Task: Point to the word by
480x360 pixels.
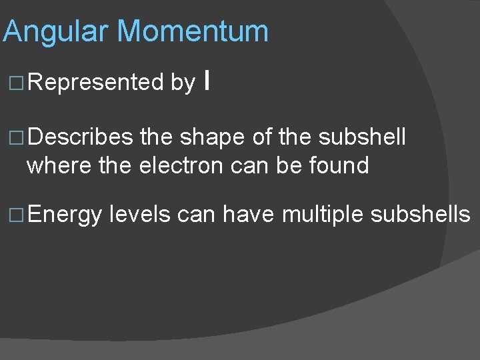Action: (183, 83)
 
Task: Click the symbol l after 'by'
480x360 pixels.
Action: (209, 81)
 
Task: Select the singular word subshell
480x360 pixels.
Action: (362, 137)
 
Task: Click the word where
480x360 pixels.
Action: (60, 165)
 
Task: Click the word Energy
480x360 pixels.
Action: (65, 215)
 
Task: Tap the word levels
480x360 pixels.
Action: (139, 215)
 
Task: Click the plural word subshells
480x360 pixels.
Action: (419, 215)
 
